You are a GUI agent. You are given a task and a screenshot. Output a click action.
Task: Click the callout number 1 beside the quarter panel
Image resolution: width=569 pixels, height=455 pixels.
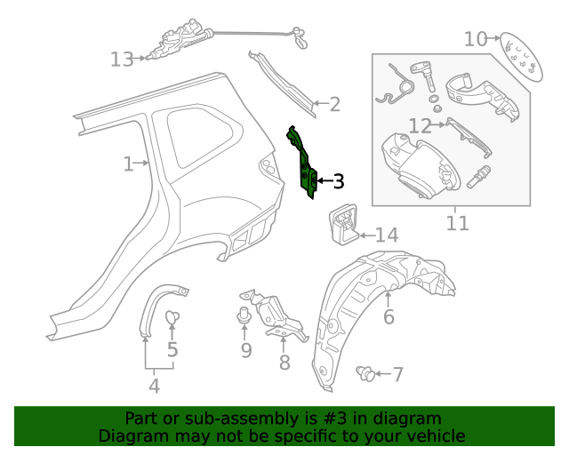[x=129, y=164]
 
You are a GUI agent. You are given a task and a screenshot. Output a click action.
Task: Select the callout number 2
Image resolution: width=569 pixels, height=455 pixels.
[x=334, y=105]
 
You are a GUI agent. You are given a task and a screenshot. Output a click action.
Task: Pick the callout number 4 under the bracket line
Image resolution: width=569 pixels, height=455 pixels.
[x=154, y=386]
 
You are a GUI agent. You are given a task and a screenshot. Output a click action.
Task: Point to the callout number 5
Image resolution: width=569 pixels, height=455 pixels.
[x=172, y=350]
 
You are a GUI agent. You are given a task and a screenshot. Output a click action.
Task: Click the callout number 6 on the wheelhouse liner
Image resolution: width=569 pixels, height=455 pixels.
[x=389, y=317]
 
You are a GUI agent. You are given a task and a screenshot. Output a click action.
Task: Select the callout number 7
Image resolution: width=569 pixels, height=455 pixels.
[x=397, y=375]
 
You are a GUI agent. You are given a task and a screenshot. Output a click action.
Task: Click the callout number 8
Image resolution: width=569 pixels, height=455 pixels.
[x=284, y=363]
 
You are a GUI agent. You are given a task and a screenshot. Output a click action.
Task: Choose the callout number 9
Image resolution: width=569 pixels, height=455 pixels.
[x=246, y=350]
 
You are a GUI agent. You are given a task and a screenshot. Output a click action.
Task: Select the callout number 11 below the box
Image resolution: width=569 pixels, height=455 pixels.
[x=457, y=221]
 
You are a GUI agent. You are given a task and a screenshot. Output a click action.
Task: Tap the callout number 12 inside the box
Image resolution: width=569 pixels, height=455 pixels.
[x=420, y=125]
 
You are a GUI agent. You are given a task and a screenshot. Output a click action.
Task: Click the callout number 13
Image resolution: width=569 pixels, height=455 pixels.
[x=122, y=60]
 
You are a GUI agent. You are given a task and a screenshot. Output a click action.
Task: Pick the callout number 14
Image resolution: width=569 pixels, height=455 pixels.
[x=386, y=235]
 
